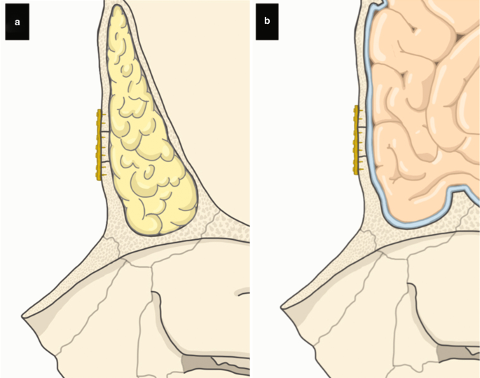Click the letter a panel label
[17, 22]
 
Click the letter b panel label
[267, 22]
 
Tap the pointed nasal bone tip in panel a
[25, 313]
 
